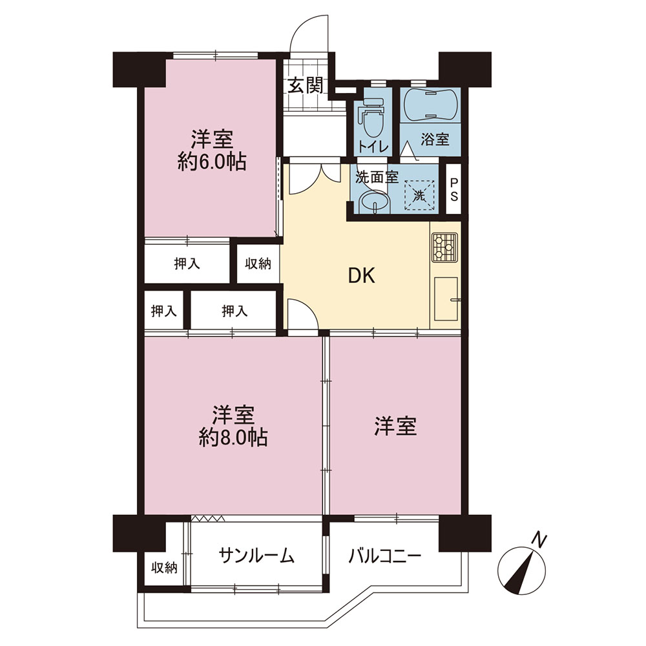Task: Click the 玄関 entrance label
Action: (x=306, y=86)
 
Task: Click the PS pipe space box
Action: (x=453, y=189)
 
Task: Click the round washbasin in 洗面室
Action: (x=375, y=203)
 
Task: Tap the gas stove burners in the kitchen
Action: (x=444, y=247)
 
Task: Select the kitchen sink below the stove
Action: (x=446, y=298)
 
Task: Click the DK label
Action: (x=362, y=276)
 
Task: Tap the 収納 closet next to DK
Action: (x=258, y=264)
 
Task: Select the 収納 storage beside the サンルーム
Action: (x=164, y=568)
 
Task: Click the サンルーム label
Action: (x=256, y=555)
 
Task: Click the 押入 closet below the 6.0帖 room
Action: (x=187, y=264)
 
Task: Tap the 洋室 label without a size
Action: (x=395, y=426)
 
